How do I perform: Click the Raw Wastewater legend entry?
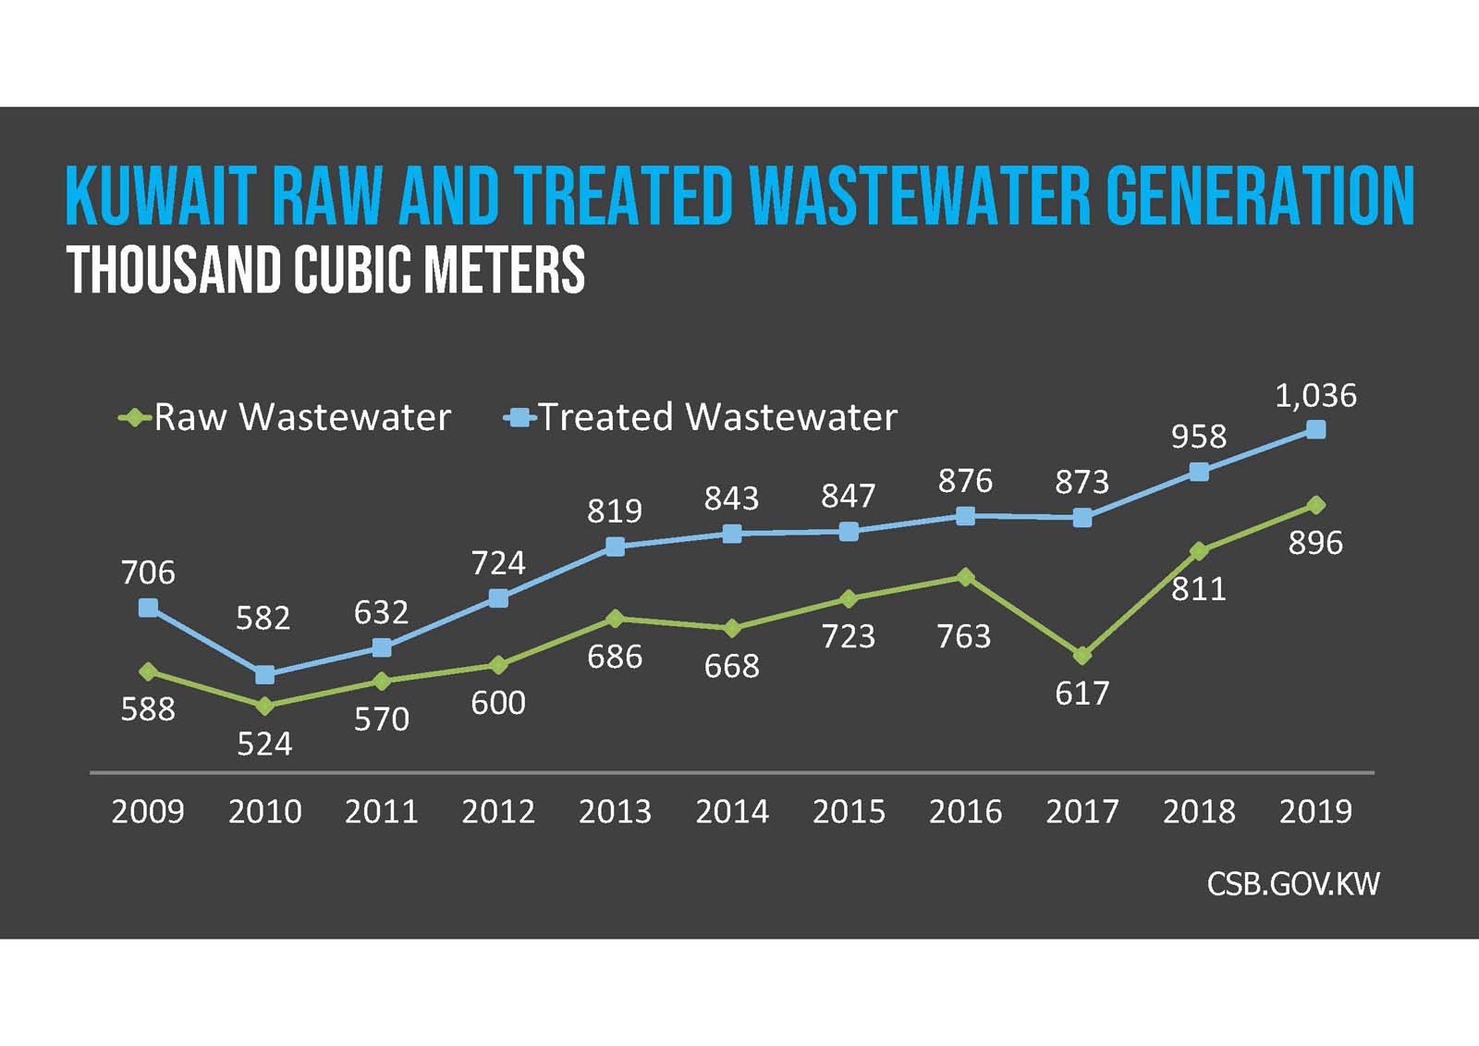click(286, 418)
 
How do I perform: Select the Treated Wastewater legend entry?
click(701, 418)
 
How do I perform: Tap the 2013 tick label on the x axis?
click(615, 812)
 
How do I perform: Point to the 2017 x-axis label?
click(1082, 812)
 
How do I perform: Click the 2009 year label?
click(148, 812)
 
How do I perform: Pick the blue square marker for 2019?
click(1316, 429)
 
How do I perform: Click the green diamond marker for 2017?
click(1082, 656)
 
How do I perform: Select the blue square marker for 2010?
click(264, 675)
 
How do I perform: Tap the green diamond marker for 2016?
click(965, 577)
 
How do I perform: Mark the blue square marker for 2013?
click(615, 547)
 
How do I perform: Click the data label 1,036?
click(1315, 396)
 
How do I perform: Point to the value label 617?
click(1082, 694)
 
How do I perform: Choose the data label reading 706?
click(148, 573)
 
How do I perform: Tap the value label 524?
click(264, 745)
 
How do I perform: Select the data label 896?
click(1315, 543)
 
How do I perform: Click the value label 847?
click(848, 497)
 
